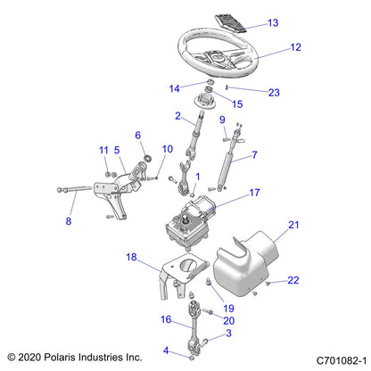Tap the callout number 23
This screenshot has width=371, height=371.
coord(273,91)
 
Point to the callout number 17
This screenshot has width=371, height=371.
coord(255,192)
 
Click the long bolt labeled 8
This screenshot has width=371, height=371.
coord(94,188)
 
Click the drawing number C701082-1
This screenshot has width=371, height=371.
coord(331,357)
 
